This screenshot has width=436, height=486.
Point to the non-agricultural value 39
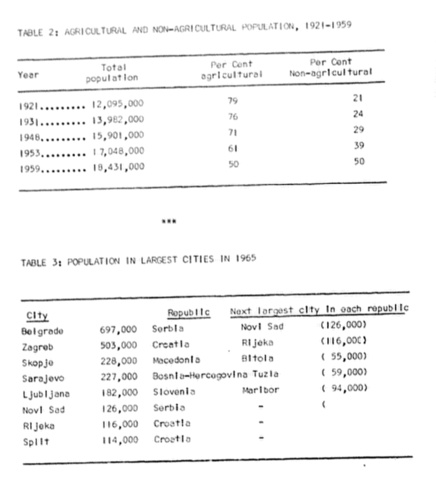click(359, 146)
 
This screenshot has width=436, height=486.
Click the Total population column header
click(112, 73)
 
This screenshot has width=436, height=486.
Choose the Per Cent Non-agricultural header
click(330, 67)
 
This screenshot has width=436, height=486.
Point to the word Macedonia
click(176, 360)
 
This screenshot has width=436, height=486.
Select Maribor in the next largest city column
click(261, 390)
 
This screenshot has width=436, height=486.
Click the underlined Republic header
click(188, 312)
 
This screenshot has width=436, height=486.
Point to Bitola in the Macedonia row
click(257, 358)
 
